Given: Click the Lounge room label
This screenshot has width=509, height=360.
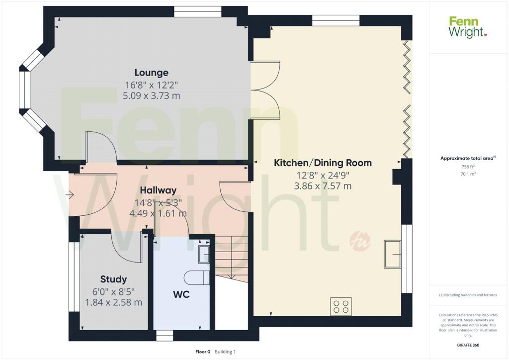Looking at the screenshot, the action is tap(151, 73).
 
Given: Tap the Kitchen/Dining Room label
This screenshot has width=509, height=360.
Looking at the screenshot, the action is tap(323, 163).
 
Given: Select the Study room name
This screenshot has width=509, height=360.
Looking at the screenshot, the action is tap(113, 279).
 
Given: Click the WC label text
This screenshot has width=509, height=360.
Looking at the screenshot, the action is tap(181, 294).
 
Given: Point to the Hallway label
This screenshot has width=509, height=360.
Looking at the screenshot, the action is tap(158, 190).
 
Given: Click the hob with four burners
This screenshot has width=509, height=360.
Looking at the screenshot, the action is tap(341, 306).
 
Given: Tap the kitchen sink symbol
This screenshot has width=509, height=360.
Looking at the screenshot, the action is tap(393, 254).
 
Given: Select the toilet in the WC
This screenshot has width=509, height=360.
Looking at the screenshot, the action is tap(197, 278).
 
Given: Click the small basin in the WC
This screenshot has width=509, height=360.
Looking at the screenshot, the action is tap(204, 254).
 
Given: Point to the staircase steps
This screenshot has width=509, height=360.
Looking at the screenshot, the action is tap(232, 258).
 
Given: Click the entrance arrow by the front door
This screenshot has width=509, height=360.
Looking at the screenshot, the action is tap(70, 195).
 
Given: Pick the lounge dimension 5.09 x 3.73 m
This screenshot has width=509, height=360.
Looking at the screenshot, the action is tap(151, 96).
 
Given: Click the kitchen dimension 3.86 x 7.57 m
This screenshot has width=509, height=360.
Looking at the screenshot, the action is tap(323, 186).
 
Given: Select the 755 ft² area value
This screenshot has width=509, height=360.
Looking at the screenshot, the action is tap(468, 167).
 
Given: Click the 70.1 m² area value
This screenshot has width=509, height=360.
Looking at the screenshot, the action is tap(468, 174).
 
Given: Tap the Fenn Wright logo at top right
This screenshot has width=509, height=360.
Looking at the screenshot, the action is tap(468, 27).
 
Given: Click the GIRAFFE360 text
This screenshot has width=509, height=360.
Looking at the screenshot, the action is tap(468, 345).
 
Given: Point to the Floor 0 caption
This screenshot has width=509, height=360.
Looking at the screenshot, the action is tap(203, 352).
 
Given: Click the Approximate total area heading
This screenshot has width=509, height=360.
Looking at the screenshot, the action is tap(468, 159).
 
